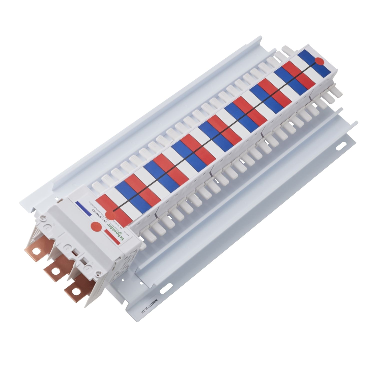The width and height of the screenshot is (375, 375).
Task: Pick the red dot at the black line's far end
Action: pos(319,61)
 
